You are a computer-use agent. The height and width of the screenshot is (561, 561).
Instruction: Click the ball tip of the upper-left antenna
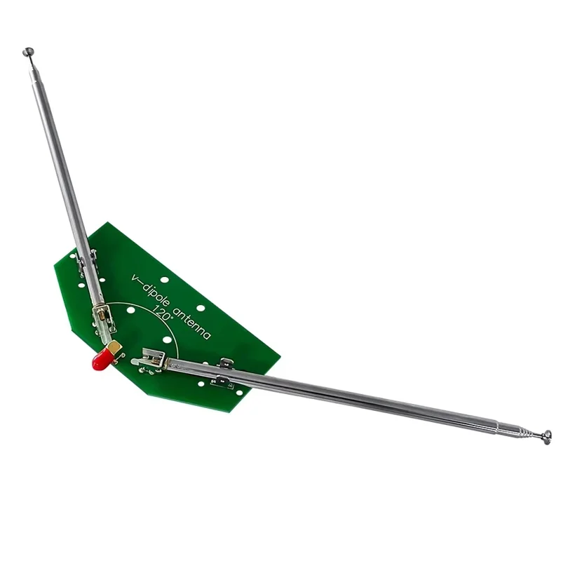pos(28,51)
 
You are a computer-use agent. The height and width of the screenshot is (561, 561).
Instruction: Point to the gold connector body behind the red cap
pos(113,348)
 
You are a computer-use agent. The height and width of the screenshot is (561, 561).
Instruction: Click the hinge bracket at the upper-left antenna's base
pos(102,319)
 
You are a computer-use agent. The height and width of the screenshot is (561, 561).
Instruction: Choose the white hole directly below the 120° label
pos(167,340)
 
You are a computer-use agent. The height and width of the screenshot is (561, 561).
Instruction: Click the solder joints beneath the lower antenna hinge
pos(151,370)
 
